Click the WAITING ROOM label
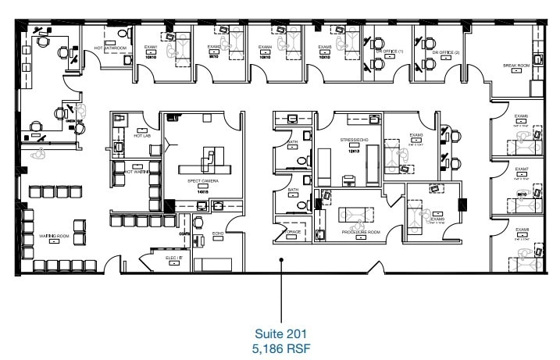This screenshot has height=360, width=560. click(x=55, y=234)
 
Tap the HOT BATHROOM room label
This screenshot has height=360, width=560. click(x=111, y=48)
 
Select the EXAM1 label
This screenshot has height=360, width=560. click(x=150, y=47)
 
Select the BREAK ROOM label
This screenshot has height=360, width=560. click(x=516, y=66)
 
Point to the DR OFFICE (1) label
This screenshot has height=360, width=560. click(x=389, y=51)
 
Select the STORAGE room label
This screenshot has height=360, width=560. click(x=292, y=231)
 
